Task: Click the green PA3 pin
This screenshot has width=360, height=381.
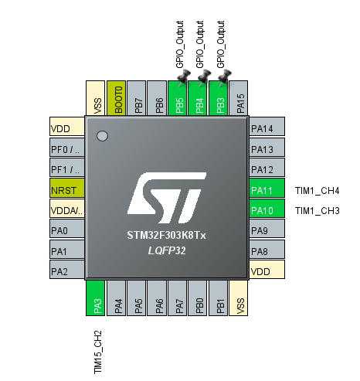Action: click(95, 298)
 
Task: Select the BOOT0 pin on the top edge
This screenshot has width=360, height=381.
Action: click(116, 98)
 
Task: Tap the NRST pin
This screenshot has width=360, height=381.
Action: click(67, 188)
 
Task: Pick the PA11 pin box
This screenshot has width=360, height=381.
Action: click(267, 188)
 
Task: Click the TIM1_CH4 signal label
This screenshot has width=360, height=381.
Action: click(317, 191)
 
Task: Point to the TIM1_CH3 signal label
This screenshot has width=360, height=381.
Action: click(317, 211)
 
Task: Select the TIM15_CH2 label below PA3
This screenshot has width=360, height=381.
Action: click(98, 352)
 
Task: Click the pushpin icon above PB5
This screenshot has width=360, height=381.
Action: click(184, 77)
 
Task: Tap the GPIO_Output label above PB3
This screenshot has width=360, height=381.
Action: click(221, 44)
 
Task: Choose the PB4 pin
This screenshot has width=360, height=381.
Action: click(198, 98)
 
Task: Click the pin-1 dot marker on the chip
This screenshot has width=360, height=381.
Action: click(102, 136)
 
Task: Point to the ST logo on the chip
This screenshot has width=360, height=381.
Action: click(167, 198)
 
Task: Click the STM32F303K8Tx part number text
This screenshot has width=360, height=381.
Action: click(166, 235)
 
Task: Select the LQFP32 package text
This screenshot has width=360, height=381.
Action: click(167, 250)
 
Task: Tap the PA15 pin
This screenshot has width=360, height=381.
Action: click(239, 98)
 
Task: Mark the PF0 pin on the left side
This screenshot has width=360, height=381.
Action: click(67, 147)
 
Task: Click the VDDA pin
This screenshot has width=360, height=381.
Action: click(67, 208)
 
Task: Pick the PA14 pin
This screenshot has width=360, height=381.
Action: click(267, 126)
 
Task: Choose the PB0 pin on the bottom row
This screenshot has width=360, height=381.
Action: click(198, 298)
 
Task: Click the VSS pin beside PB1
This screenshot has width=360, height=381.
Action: click(239, 298)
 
